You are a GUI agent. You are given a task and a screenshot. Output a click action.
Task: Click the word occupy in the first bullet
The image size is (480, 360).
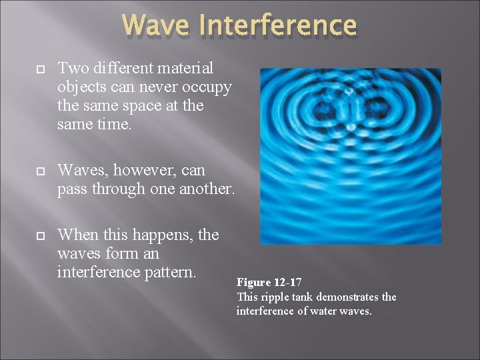[x=205, y=87]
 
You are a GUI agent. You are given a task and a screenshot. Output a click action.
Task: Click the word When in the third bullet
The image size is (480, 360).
[x=78, y=235]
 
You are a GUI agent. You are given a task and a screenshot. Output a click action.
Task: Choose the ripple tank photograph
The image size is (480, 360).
[x=350, y=156]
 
